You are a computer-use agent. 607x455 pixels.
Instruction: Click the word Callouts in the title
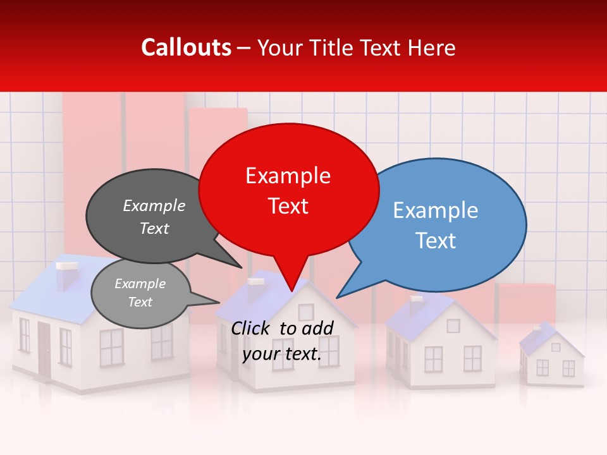[x=186, y=47]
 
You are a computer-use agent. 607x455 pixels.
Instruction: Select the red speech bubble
[x=288, y=190]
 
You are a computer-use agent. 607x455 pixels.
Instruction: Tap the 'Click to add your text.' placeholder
[x=282, y=341]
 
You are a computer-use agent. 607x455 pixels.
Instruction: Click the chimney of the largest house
[x=66, y=275]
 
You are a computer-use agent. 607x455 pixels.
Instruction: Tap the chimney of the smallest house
[x=536, y=330]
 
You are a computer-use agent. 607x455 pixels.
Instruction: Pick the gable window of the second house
[x=305, y=312]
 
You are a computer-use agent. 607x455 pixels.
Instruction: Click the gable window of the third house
[x=453, y=326]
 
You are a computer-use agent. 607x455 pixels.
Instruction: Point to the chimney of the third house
[x=415, y=304]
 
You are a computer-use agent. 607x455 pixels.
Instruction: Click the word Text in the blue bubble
[x=436, y=241]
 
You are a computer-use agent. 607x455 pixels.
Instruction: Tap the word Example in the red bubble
[x=288, y=176]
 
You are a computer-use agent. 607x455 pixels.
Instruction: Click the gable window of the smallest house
[x=556, y=347]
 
